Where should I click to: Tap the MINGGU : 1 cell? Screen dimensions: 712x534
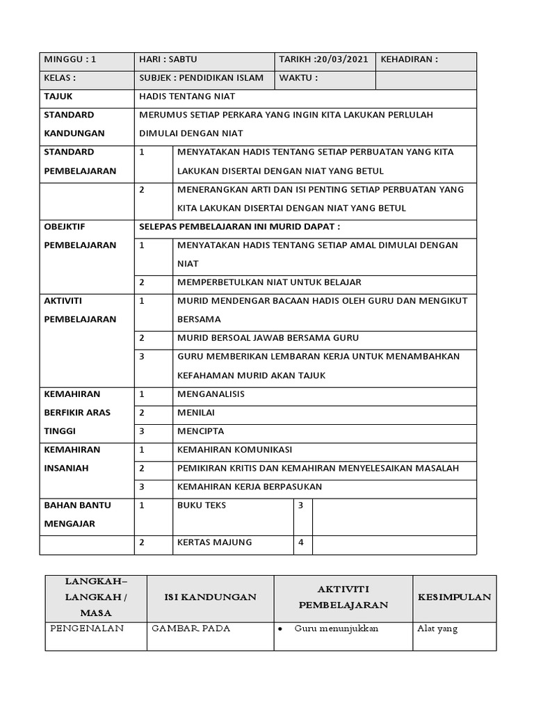coord(70,60)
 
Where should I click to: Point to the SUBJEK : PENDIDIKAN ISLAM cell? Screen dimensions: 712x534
coord(202,78)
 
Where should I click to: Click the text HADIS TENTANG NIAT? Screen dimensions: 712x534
coord(187,97)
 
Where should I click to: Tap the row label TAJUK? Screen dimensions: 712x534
coord(58,97)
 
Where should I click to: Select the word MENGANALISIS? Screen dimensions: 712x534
coord(211,394)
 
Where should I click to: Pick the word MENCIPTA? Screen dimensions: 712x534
coord(201,431)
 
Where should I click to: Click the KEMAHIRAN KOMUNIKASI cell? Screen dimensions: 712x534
coord(235,449)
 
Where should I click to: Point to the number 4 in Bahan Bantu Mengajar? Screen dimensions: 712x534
coord(301,542)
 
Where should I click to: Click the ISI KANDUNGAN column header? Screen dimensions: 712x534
coord(210,597)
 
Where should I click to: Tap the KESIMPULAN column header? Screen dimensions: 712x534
coord(455,597)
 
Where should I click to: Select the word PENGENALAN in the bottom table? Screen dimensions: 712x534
coord(87,629)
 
